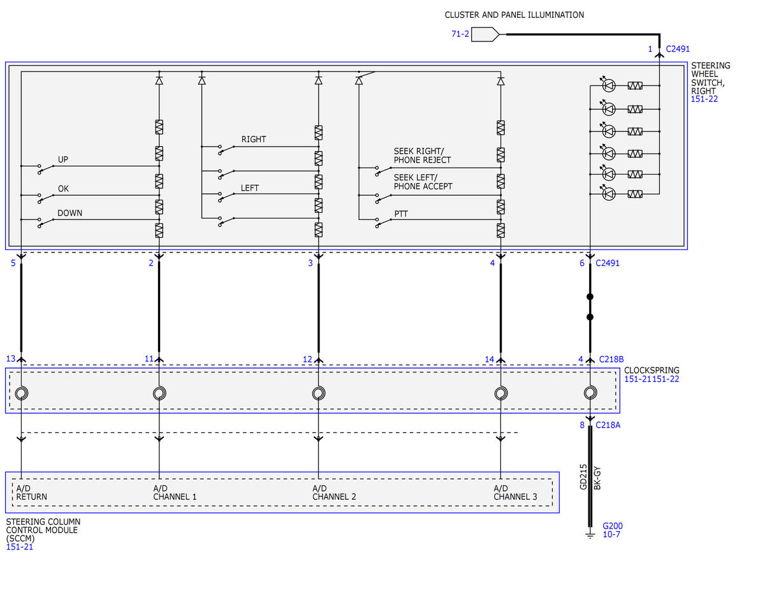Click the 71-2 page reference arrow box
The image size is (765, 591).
(x=484, y=34)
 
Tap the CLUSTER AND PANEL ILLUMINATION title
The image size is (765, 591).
(x=514, y=15)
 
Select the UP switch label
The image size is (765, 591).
(x=63, y=159)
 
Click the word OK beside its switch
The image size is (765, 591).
(x=63, y=189)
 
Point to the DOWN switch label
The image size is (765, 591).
(x=69, y=213)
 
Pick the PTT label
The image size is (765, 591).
(x=401, y=214)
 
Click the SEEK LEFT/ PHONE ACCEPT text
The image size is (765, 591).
(x=423, y=182)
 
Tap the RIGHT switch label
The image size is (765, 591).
(x=254, y=140)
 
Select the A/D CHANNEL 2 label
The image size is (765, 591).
(x=334, y=492)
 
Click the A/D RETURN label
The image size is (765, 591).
(x=31, y=492)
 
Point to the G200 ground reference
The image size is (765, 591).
(x=613, y=526)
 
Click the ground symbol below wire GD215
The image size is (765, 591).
(x=590, y=536)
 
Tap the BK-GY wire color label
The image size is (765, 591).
(x=597, y=478)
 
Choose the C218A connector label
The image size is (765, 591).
(x=608, y=425)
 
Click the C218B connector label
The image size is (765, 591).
(x=611, y=360)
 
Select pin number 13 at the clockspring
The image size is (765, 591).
(x=11, y=359)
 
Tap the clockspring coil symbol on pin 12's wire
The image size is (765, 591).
(x=319, y=393)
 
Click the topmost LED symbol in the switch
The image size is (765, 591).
(x=609, y=85)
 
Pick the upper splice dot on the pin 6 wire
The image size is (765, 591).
(x=590, y=296)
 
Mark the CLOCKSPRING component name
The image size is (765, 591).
(x=652, y=370)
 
